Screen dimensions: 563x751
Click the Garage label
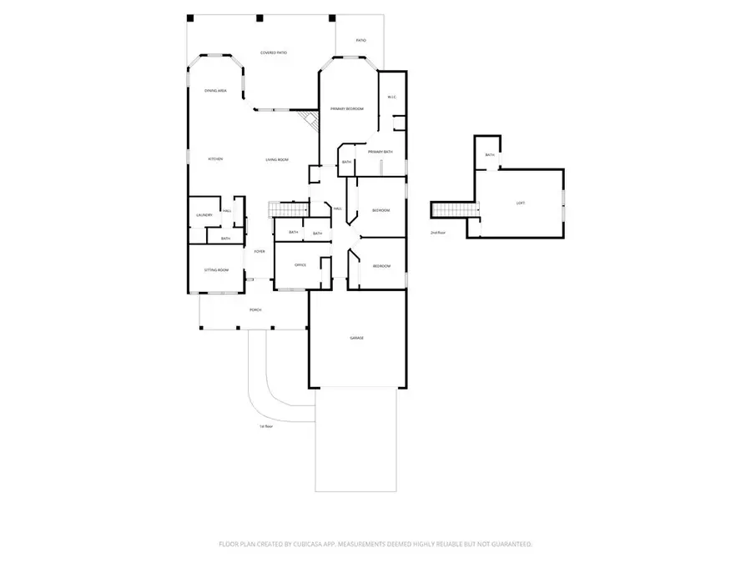click(356, 338)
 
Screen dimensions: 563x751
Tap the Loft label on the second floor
click(521, 203)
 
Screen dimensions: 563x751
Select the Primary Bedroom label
click(346, 109)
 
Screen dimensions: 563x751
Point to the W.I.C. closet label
click(391, 98)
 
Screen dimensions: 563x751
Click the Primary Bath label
click(380, 152)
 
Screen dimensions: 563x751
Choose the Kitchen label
click(214, 159)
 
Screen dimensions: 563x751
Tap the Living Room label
click(277, 159)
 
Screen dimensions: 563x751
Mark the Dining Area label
click(216, 90)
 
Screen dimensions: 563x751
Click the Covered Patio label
click(274, 53)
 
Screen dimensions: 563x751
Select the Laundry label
click(204, 215)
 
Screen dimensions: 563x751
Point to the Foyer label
click(260, 251)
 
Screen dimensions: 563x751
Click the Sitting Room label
click(216, 270)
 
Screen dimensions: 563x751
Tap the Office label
click(300, 265)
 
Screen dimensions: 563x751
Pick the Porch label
click(255, 310)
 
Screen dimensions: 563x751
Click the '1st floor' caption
click(266, 426)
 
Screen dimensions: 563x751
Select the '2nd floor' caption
click(438, 233)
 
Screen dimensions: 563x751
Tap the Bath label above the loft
click(490, 154)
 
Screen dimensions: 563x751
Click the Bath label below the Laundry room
click(225, 239)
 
